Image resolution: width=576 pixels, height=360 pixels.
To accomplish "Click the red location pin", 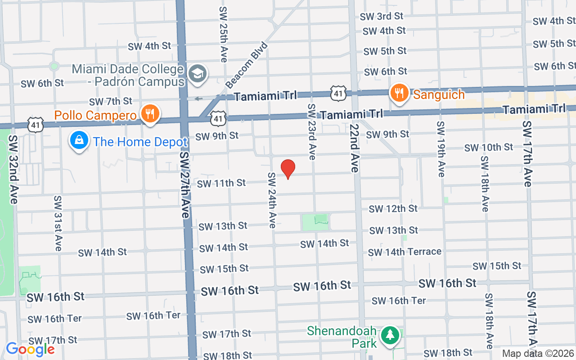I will (288, 169).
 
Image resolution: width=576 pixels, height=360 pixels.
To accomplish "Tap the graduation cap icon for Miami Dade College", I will (198, 73).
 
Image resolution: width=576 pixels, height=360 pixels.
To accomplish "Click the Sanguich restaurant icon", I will (399, 93).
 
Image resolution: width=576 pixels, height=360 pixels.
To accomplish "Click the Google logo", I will (30, 349).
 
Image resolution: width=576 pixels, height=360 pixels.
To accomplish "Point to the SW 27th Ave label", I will (184, 184).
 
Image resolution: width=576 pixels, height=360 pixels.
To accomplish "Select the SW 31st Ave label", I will (58, 223).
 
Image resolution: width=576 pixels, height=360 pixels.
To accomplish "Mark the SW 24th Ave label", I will (272, 200).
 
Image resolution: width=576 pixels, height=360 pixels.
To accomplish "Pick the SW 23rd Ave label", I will (311, 131).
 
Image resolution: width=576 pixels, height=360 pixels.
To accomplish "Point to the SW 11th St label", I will (221, 183).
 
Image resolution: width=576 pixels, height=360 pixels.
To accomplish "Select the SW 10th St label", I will (489, 147).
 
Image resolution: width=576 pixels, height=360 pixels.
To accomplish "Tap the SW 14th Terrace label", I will (405, 252).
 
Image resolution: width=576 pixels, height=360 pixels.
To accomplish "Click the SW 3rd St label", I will (382, 16).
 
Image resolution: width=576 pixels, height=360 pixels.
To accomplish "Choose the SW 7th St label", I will (111, 101).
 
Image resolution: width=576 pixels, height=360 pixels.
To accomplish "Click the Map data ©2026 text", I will (538, 353).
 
